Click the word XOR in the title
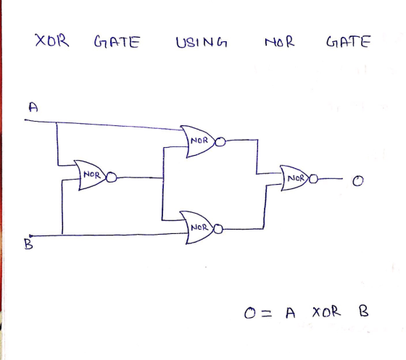pos(52,41)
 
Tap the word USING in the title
pos(202,42)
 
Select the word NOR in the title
pos(280,42)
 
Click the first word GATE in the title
pos(117,42)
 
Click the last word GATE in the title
pos(349,41)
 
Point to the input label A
pos(33,107)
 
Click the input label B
pos(28,244)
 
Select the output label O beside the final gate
pos(358,181)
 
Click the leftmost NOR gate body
pos(91,175)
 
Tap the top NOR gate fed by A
pos(198,141)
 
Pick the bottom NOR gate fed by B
pos(197,227)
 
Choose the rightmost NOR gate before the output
pos(294,178)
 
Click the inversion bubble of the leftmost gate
pos(112,177)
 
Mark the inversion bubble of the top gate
pos(220,142)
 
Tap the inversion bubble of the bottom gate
pos(218,229)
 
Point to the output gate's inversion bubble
pos(313,179)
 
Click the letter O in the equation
pos(250,313)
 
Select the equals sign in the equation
pos(267,314)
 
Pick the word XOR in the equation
pos(326,311)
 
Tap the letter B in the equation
pos(363,311)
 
